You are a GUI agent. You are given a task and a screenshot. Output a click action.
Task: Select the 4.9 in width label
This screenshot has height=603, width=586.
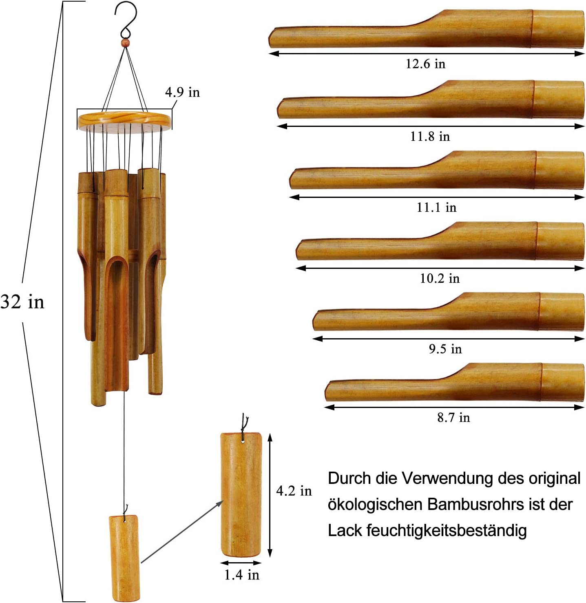tap(182, 92)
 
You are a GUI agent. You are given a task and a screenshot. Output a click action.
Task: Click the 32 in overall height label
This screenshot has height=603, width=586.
tap(22, 302)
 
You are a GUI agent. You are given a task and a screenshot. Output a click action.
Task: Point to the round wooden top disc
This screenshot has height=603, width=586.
tap(124, 119)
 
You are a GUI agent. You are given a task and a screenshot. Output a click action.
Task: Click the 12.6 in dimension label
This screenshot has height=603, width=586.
tap(425, 64)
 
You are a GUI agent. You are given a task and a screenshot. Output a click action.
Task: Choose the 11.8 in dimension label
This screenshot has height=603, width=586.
tap(430, 136)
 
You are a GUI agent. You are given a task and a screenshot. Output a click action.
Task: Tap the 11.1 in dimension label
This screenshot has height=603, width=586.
tap(436, 207)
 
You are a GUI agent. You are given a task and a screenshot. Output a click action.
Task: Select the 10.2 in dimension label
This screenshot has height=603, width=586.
tap(440, 278)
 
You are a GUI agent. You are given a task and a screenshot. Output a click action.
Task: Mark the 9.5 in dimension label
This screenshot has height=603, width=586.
tap(445, 349)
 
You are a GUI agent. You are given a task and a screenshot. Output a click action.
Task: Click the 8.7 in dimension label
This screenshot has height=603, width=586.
tap(453, 417)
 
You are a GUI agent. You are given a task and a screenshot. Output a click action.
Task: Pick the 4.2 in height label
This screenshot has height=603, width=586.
tap(294, 491)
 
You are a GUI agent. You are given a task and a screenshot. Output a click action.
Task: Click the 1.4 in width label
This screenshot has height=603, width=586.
tap(241, 575)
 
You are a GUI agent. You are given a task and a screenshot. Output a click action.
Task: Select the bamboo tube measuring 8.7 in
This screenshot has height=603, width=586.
tap(455, 384)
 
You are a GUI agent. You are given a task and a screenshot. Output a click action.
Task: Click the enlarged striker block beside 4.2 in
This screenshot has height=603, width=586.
tap(241, 494)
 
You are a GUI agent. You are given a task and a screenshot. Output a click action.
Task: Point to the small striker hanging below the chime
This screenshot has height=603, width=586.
tap(124, 557)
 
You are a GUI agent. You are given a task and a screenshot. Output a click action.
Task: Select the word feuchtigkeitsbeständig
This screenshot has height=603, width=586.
tap(447, 531)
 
